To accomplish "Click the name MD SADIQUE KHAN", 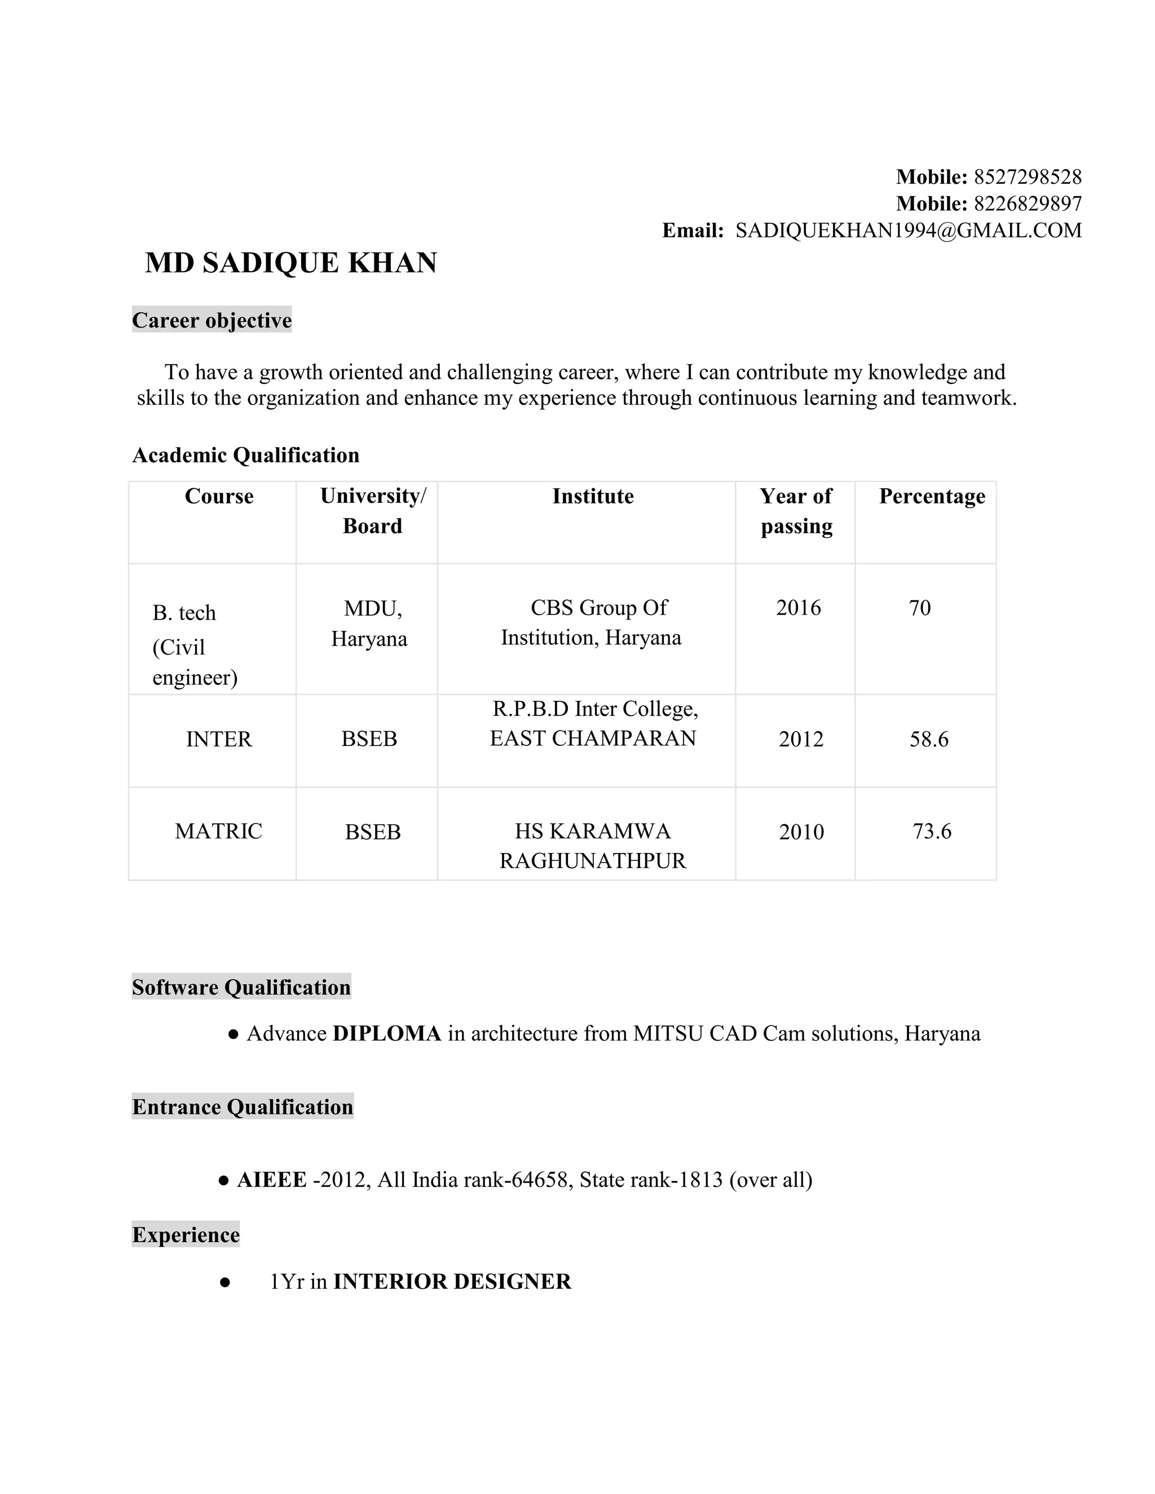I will click(291, 263).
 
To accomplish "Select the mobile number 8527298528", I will click(1027, 177).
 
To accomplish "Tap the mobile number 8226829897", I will click(1027, 204).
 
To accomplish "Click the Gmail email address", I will click(908, 231).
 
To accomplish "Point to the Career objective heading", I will click(211, 320).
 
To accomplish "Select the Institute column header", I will click(593, 496).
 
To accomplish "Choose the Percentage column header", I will click(932, 496).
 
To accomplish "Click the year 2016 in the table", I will click(798, 607).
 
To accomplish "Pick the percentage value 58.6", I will click(928, 739).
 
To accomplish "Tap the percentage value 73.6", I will click(931, 831).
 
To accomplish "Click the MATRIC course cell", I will click(218, 831).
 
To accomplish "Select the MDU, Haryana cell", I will click(369, 623).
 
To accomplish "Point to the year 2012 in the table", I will click(801, 739).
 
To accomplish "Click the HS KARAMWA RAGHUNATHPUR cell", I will click(593, 846).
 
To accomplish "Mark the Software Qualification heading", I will click(241, 987).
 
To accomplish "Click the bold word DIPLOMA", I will click(386, 1033).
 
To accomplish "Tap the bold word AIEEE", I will click(272, 1180).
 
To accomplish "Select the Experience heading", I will click(186, 1235).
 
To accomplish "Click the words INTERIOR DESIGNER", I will click(452, 1281).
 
